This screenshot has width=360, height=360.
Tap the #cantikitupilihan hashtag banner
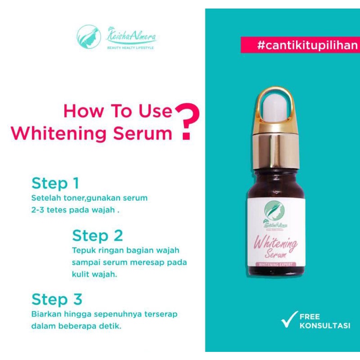(300, 45)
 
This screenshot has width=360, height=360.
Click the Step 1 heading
(55, 183)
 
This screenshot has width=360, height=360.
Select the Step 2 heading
(97, 236)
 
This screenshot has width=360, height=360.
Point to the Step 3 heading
(57, 299)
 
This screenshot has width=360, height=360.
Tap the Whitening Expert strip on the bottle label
(276, 265)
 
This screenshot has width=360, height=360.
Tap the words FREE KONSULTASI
(324, 321)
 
